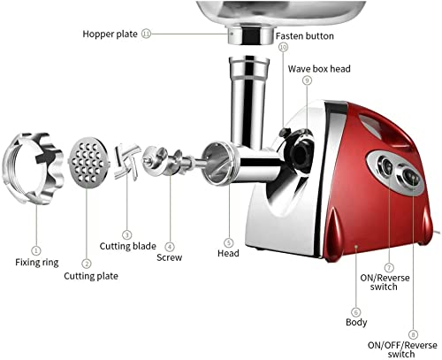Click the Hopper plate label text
pos(110,34)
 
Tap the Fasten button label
pos(304,34)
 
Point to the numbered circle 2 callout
pos(86,263)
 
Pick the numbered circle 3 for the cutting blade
pos(127,235)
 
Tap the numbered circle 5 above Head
pos(228,242)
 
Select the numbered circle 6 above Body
pos(356,311)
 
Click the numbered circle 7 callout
pos(388,266)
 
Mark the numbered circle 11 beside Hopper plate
pos(146,34)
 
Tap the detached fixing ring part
pos(34,167)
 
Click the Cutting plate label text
pos(92,275)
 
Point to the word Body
pos(355,325)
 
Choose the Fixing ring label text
pos(37,262)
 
